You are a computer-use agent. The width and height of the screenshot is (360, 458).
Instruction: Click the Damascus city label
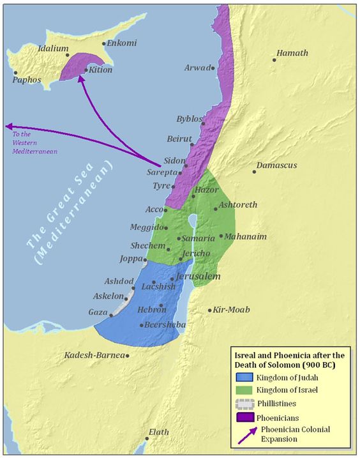pyautogui.click(x=276, y=165)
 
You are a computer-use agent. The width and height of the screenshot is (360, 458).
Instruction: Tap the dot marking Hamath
pyautogui.click(x=274, y=60)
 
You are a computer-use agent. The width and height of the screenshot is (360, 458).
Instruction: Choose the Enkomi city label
pyautogui.click(x=122, y=43)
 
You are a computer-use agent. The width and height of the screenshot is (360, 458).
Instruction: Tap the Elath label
pyautogui.click(x=158, y=432)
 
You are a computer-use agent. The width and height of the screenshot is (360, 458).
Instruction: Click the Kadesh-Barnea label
pyautogui.click(x=94, y=355)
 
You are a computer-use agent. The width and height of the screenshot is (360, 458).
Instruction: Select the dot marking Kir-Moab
pyautogui.click(x=210, y=310)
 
